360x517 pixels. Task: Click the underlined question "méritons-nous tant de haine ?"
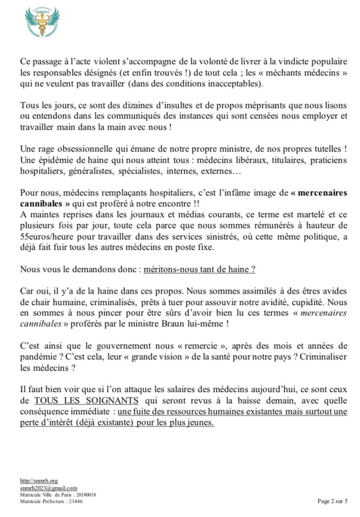click(192, 269)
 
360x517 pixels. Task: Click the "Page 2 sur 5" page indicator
click(332, 501)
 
